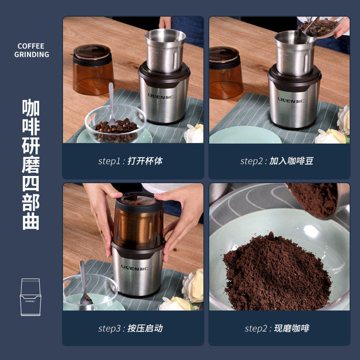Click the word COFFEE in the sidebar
31,46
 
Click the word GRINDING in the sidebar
31,55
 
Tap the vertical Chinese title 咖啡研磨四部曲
31,164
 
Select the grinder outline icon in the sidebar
31,297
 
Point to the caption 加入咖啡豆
291,161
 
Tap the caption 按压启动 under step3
145,328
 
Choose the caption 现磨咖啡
291,328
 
